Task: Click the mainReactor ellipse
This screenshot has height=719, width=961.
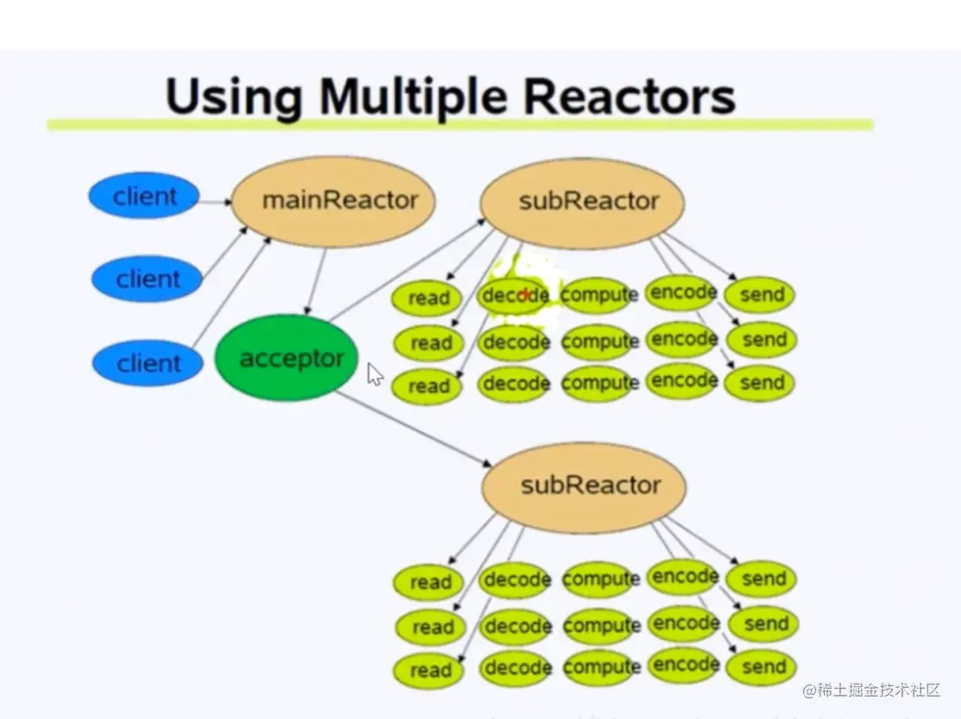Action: click(x=333, y=202)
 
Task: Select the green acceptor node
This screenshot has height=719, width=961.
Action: click(x=286, y=358)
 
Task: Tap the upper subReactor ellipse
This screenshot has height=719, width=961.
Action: click(x=582, y=203)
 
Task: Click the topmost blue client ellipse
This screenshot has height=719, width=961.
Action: click(x=144, y=196)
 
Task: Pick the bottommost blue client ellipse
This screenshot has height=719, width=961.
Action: click(x=148, y=363)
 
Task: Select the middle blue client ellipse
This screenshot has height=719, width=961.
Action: click(x=148, y=279)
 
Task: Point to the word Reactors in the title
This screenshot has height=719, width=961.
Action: click(x=630, y=97)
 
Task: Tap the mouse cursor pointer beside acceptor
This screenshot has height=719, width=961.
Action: click(x=374, y=374)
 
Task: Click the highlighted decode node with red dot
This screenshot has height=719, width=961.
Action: click(x=515, y=296)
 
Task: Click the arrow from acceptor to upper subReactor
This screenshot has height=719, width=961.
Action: click(x=407, y=270)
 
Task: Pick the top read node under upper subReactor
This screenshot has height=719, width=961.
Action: click(x=428, y=298)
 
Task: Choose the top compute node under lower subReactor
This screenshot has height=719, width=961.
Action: click(x=600, y=579)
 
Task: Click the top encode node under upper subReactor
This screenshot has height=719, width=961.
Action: click(x=683, y=293)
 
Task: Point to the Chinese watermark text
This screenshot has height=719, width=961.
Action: click(x=871, y=691)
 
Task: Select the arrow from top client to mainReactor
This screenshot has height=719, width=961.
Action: click(x=215, y=202)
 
